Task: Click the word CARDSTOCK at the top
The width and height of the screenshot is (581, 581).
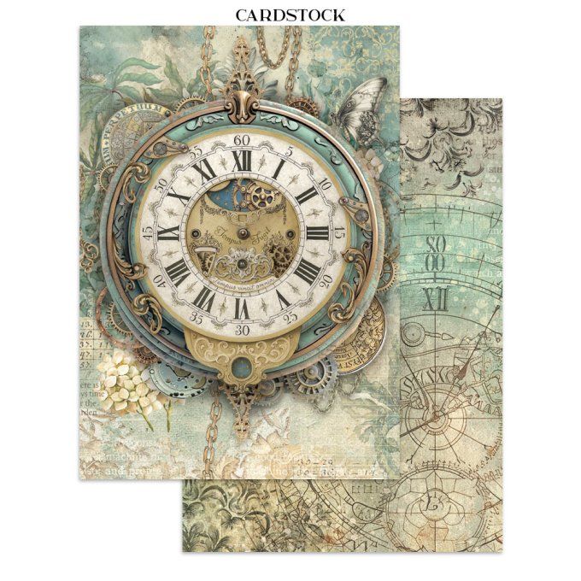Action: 290,15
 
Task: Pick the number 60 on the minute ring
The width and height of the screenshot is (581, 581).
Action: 241,139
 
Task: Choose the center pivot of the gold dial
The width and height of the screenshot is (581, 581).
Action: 240,233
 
